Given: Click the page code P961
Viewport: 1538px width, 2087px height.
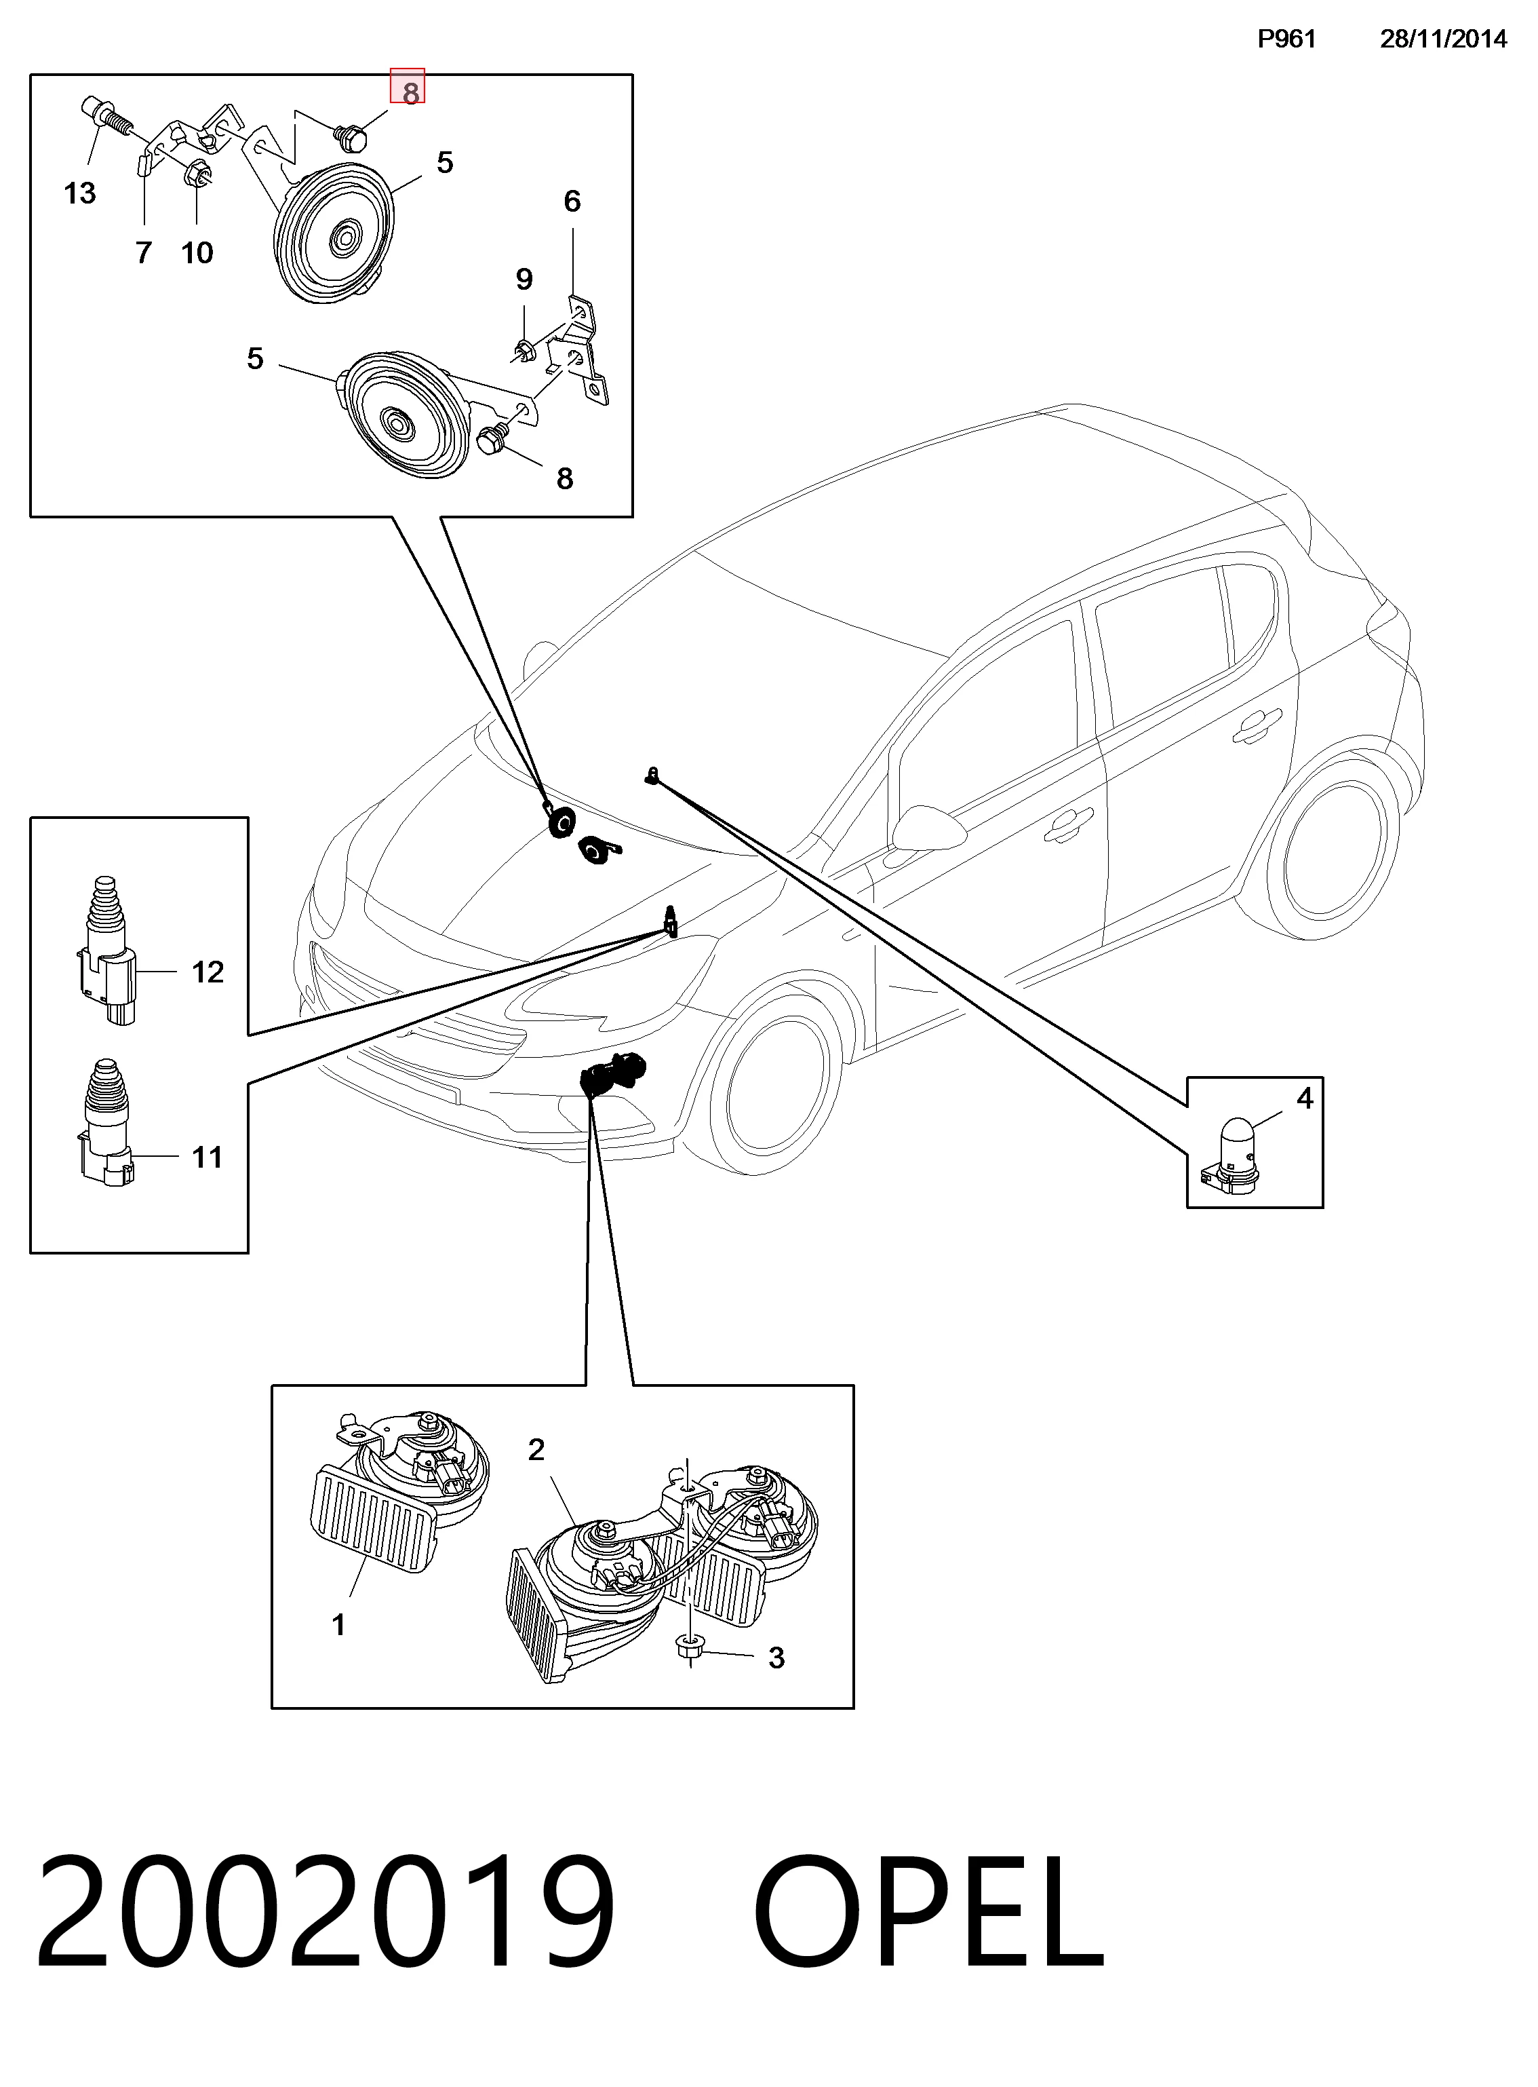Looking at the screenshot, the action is [x=1286, y=38].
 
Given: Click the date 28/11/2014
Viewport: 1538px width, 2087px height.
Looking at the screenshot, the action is [x=1443, y=38].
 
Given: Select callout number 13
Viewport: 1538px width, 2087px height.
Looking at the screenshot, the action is [x=80, y=194].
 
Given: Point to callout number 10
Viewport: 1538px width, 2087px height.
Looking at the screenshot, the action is [x=197, y=252].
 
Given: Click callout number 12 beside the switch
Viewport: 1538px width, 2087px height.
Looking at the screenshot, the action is [x=208, y=972].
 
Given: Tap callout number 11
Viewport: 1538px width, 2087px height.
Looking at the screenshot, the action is [x=208, y=1157].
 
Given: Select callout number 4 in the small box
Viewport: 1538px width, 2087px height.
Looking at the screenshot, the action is [x=1305, y=1099].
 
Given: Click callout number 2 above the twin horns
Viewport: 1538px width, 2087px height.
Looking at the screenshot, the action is [x=536, y=1450].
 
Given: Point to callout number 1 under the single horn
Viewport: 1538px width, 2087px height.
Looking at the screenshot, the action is [x=339, y=1625].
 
